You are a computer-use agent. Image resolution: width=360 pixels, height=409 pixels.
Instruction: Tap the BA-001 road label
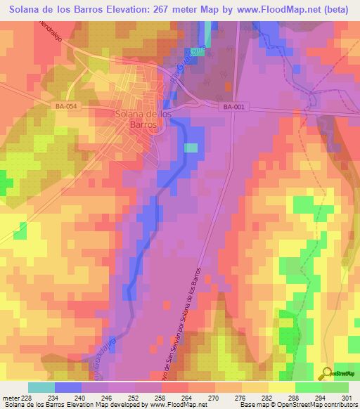tap(234, 107)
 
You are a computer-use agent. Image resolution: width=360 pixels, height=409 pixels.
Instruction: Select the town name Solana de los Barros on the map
tap(143, 119)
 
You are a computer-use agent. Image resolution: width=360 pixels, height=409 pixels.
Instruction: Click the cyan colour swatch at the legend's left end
tap(41, 387)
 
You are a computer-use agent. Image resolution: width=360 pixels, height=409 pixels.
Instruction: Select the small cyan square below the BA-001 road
tap(191, 148)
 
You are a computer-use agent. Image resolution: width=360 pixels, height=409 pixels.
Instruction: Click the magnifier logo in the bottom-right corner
tap(326, 373)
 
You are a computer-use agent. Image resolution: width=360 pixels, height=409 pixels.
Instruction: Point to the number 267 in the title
tap(158, 9)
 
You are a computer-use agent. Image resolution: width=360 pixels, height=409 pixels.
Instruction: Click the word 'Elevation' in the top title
tap(120, 9)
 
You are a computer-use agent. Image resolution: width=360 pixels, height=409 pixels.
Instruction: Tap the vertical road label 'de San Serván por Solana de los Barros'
tap(186, 323)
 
